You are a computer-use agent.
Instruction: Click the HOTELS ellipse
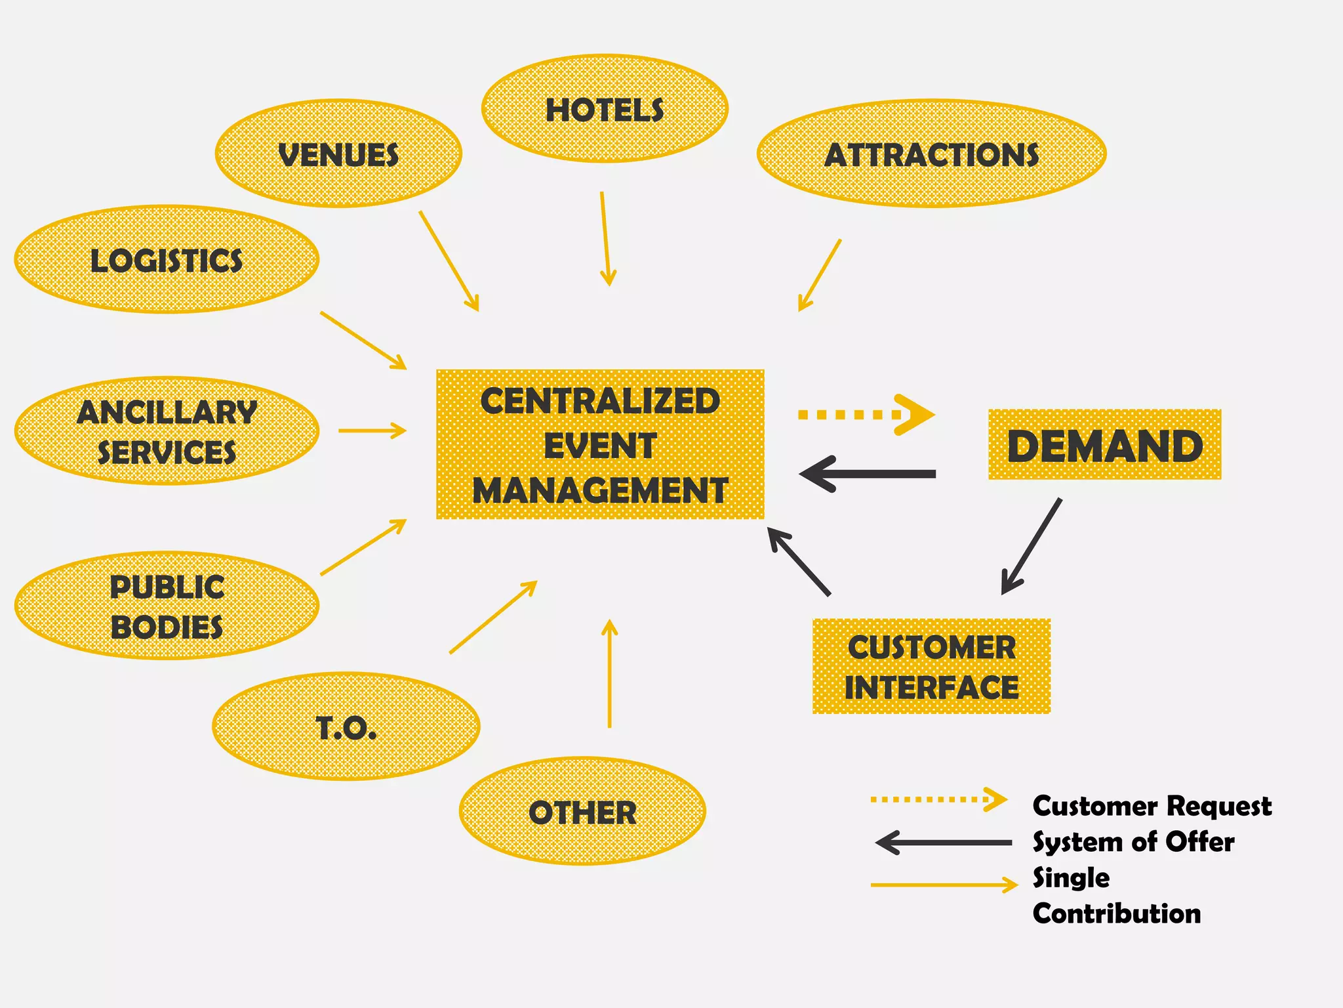pyautogui.click(x=605, y=109)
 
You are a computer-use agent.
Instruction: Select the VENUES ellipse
pyautogui.click(x=338, y=154)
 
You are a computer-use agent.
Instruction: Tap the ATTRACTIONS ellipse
pyautogui.click(x=931, y=154)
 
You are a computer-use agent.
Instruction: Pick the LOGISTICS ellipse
pyautogui.click(x=167, y=260)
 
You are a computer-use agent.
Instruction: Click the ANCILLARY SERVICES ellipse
pyautogui.click(x=167, y=431)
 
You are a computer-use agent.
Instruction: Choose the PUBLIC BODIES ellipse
pyautogui.click(x=167, y=606)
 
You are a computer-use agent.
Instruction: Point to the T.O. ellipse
pyautogui.click(x=346, y=726)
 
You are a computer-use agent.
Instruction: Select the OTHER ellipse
pyautogui.click(x=582, y=812)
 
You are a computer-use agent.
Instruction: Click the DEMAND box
pyautogui.click(x=1104, y=445)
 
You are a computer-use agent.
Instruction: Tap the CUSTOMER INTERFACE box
pyautogui.click(x=931, y=666)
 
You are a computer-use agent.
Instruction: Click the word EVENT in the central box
pyautogui.click(x=600, y=446)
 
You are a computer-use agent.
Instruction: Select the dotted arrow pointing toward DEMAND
pyautogui.click(x=866, y=415)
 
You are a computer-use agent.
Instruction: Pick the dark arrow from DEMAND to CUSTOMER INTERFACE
pyautogui.click(x=1032, y=546)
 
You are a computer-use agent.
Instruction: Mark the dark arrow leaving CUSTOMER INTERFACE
pyautogui.click(x=799, y=562)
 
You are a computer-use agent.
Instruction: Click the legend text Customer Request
pyautogui.click(x=1152, y=805)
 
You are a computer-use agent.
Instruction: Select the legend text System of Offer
pyautogui.click(x=1133, y=841)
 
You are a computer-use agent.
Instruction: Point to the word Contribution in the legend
pyautogui.click(x=1116, y=913)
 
